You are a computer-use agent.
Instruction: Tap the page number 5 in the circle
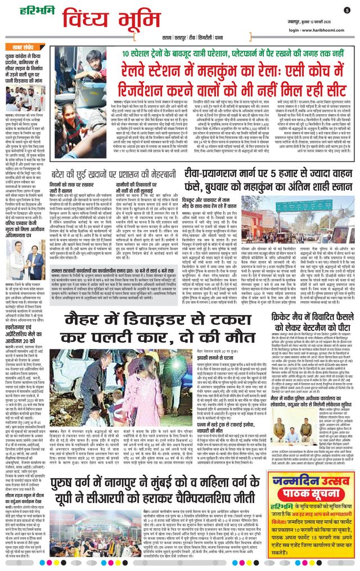click(347, 10)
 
